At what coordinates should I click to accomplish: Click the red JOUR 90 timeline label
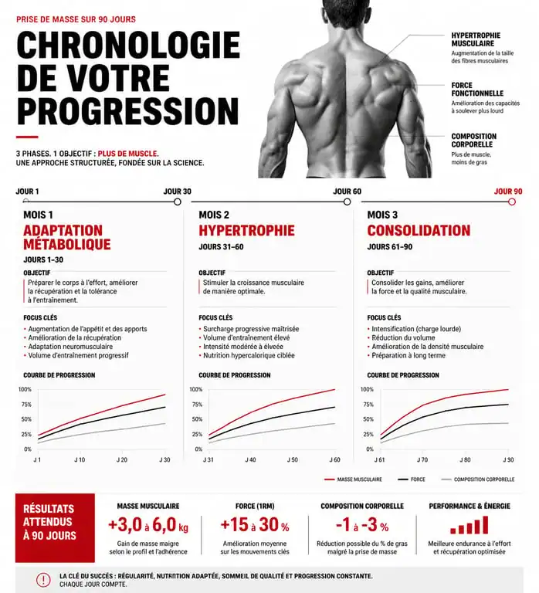pyautogui.click(x=508, y=191)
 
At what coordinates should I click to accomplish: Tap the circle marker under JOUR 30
pyautogui.click(x=178, y=202)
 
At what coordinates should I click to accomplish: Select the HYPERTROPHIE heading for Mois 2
pyautogui.click(x=246, y=230)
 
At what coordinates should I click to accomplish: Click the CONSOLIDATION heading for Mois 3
pyautogui.click(x=419, y=230)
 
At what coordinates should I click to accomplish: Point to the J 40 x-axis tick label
pyautogui.click(x=250, y=460)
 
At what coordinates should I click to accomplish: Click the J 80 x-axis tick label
pyautogui.click(x=465, y=460)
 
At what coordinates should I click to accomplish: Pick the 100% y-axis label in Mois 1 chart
pyautogui.click(x=25, y=389)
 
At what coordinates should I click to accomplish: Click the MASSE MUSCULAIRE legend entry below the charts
pyautogui.click(x=353, y=479)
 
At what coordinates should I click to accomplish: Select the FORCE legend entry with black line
pyautogui.click(x=412, y=479)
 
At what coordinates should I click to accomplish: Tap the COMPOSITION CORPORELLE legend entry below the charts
pyautogui.click(x=478, y=479)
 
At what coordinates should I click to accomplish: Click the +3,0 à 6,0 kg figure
pyautogui.click(x=148, y=525)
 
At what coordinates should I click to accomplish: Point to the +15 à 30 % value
pyautogui.click(x=255, y=525)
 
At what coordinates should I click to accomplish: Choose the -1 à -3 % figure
pyautogui.click(x=362, y=525)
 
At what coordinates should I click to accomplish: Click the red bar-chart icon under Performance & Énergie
pyautogui.click(x=470, y=524)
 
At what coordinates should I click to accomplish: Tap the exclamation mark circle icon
pyautogui.click(x=43, y=580)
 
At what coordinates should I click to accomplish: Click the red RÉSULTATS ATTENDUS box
pyautogui.click(x=56, y=528)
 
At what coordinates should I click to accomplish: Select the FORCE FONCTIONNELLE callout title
pyautogui.click(x=477, y=90)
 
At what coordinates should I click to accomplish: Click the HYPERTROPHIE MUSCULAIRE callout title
pyautogui.click(x=476, y=39)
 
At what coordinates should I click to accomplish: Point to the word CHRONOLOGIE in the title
pyautogui.click(x=129, y=45)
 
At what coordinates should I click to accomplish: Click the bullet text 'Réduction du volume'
pyautogui.click(x=403, y=337)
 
